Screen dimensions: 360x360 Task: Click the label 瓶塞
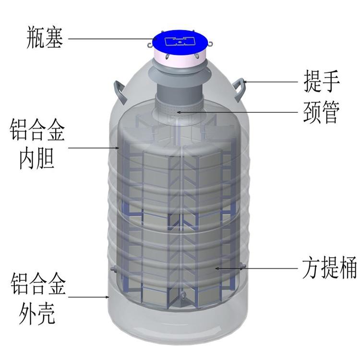45,37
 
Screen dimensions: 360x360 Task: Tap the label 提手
322,81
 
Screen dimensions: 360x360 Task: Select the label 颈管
321,112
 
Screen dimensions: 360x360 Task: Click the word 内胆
37,158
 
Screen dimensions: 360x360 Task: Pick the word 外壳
37,313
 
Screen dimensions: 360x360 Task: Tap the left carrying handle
120,92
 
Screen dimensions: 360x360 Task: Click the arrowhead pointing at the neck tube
179,112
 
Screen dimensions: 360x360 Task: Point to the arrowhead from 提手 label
245,81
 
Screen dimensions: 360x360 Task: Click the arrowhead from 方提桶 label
217,268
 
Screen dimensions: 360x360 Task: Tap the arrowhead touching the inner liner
117,148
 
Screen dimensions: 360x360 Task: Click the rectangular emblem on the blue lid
180,41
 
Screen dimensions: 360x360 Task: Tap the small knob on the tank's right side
243,266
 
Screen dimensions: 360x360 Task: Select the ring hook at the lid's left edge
149,44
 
